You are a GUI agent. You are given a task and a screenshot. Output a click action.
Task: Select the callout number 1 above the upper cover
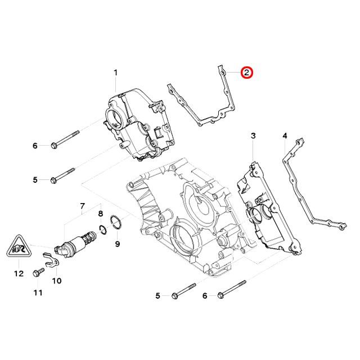click(116, 73)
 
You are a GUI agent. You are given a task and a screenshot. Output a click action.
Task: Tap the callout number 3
click(253, 136)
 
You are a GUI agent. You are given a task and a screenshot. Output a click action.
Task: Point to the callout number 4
click(285, 136)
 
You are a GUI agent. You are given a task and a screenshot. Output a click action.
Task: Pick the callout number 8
click(101, 214)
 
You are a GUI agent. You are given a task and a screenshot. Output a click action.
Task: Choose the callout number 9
click(118, 244)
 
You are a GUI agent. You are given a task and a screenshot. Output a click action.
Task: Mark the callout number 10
click(57, 280)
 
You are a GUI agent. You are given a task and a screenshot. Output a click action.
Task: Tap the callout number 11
click(38, 292)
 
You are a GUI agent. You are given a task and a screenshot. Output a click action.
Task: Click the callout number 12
click(19, 273)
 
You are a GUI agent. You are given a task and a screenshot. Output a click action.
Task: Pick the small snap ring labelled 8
click(102, 229)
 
